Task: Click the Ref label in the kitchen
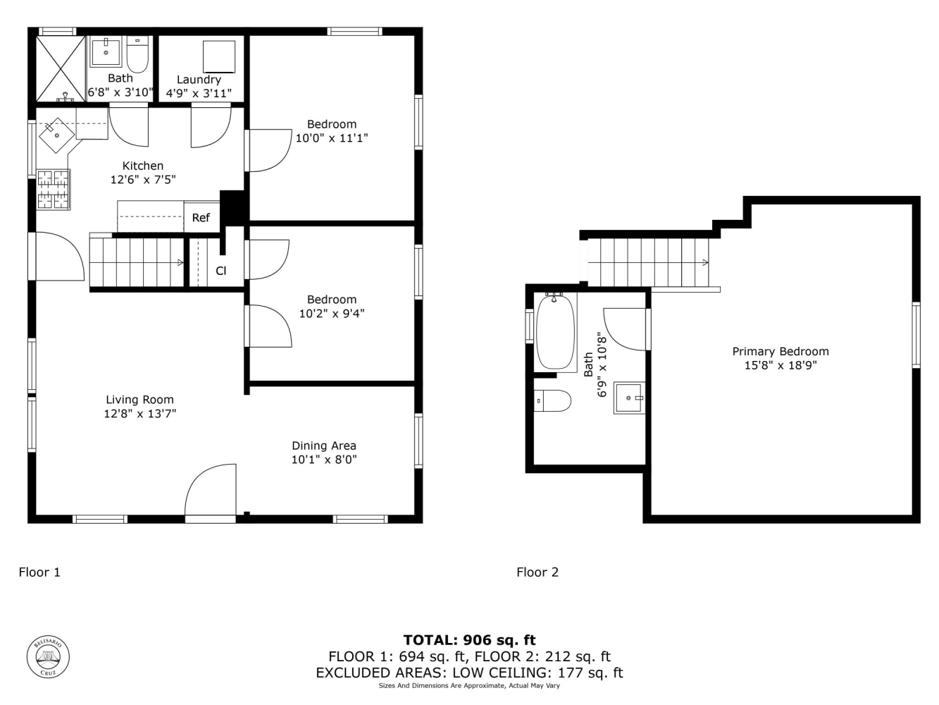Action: pos(201,218)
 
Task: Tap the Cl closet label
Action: pos(220,271)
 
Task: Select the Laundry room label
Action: pos(199,80)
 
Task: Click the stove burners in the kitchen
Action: pos(54,190)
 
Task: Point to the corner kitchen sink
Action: pos(56,135)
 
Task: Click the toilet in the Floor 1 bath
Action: pos(137,55)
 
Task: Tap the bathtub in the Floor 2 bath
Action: pos(555,332)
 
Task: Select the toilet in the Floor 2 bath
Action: pos(552,400)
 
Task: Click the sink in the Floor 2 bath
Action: pos(629,398)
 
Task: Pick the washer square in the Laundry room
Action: pos(219,56)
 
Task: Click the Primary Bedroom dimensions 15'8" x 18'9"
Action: pos(781,366)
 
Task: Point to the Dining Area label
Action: pos(324,446)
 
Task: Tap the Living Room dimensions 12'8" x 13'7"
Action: pos(140,414)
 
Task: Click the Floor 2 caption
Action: pos(537,572)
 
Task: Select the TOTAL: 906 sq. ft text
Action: pos(469,640)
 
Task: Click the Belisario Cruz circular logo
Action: pos(48,656)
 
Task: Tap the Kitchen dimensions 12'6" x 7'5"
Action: pos(143,179)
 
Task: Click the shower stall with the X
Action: pos(61,68)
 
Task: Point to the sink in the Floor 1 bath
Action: pos(106,51)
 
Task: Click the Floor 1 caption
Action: pos(39,572)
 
